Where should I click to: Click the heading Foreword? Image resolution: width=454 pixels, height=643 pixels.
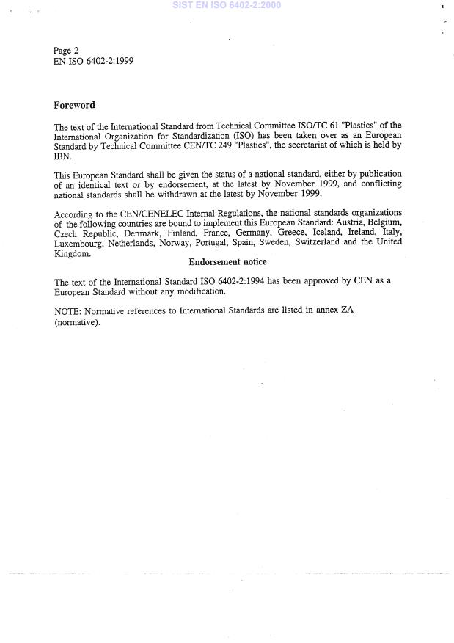pos(74,105)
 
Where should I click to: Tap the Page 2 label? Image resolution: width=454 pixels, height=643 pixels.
pos(66,51)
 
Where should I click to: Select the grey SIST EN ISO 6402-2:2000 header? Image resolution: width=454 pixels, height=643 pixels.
pos(226,5)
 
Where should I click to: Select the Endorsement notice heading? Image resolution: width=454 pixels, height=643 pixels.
pos(227,262)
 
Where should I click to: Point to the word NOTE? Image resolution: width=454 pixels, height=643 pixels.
pos(67,311)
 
